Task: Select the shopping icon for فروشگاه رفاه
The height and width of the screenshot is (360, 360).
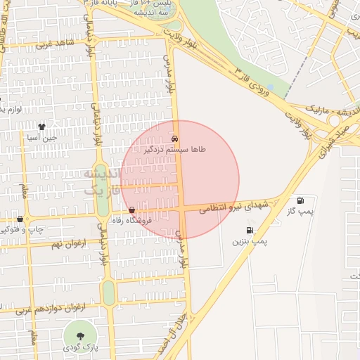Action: coord(132,210)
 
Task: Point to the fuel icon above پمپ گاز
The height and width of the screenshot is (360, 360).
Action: coord(302,200)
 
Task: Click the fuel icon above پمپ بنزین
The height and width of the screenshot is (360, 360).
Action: coord(250,230)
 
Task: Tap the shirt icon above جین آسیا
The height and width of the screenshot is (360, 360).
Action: coord(41,127)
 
